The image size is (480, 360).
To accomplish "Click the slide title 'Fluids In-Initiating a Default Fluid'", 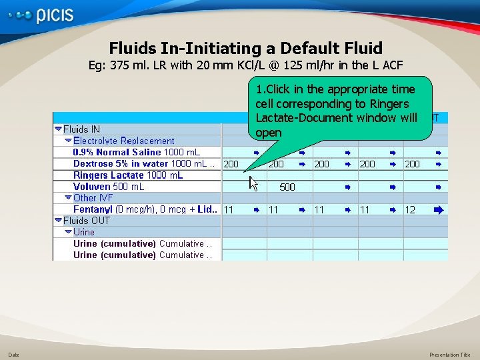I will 245,48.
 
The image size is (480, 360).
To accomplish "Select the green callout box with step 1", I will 339,110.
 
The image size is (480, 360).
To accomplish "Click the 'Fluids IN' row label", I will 87,129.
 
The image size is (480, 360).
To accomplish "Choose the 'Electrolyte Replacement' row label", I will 123,141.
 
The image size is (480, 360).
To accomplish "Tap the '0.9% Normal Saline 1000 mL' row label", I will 136,152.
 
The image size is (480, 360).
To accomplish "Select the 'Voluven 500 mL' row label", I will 109,187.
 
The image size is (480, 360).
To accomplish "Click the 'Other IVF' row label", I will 93,198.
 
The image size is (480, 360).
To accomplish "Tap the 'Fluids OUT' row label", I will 87,221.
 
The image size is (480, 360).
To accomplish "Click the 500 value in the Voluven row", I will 287,187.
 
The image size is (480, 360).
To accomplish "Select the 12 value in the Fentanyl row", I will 410,209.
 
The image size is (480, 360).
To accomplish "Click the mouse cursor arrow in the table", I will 253,182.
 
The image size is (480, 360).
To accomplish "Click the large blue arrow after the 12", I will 438,209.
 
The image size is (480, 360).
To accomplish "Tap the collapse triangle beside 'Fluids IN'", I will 59,129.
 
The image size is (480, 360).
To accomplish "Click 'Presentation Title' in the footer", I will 449,355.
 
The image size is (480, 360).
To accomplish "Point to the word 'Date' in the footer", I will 14,355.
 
